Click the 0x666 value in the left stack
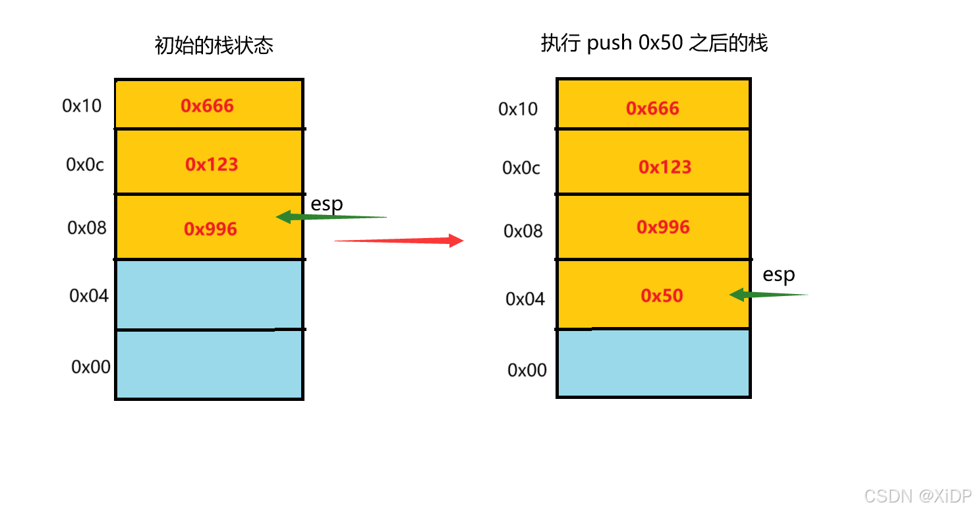coord(208,106)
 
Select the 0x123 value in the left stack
coord(212,164)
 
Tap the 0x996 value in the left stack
coord(210,229)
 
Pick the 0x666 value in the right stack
coord(652,108)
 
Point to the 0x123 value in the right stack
coord(665,167)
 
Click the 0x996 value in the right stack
coord(663,227)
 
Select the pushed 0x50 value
coord(662,295)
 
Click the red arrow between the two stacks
coord(399,241)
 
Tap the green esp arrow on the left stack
coord(330,216)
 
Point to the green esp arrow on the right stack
coord(768,295)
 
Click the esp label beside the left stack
coord(327,204)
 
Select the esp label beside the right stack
coord(779,274)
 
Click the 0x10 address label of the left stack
coord(82,106)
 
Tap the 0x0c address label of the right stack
coord(521,168)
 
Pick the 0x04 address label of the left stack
coord(89,295)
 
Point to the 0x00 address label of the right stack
coord(527,370)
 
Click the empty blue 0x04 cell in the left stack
coord(209,294)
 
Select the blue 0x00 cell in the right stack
coord(653,363)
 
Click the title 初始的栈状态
coord(214,45)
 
